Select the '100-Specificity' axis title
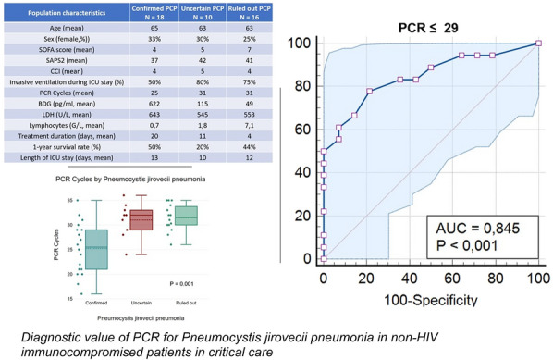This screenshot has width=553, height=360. pos(431,300)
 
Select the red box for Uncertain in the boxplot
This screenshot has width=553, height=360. pos(141,219)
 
